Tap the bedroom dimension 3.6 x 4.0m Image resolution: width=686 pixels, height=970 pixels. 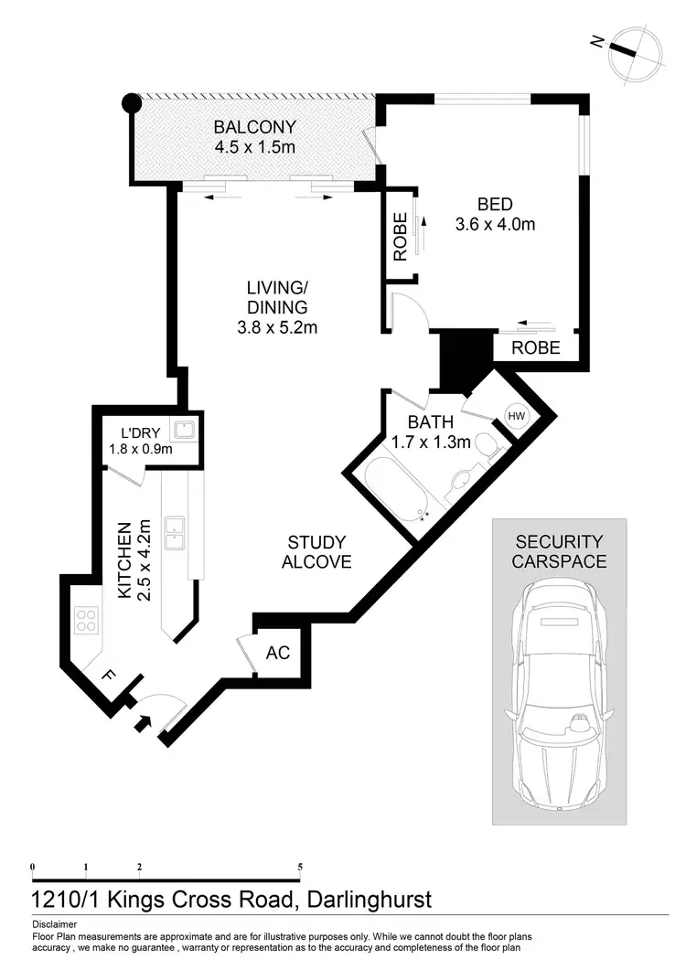tap(494, 223)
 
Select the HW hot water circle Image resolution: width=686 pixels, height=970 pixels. tap(516, 417)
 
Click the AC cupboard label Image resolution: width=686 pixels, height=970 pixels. tap(277, 653)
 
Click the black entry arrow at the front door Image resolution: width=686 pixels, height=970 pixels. tap(143, 724)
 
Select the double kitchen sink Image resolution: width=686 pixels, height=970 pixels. tap(173, 533)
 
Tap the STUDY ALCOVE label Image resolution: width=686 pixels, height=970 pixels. tap(316, 552)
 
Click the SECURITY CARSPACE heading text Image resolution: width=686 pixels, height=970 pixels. tap(559, 551)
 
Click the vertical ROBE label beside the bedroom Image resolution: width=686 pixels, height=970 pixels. tap(400, 236)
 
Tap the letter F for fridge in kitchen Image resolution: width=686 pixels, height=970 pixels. tap(108, 677)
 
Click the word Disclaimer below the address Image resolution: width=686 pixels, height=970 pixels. tap(54, 924)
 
